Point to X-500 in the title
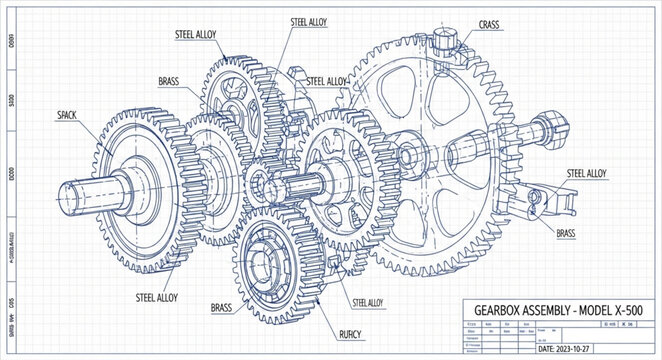coord(627,309)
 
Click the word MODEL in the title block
coord(598,309)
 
